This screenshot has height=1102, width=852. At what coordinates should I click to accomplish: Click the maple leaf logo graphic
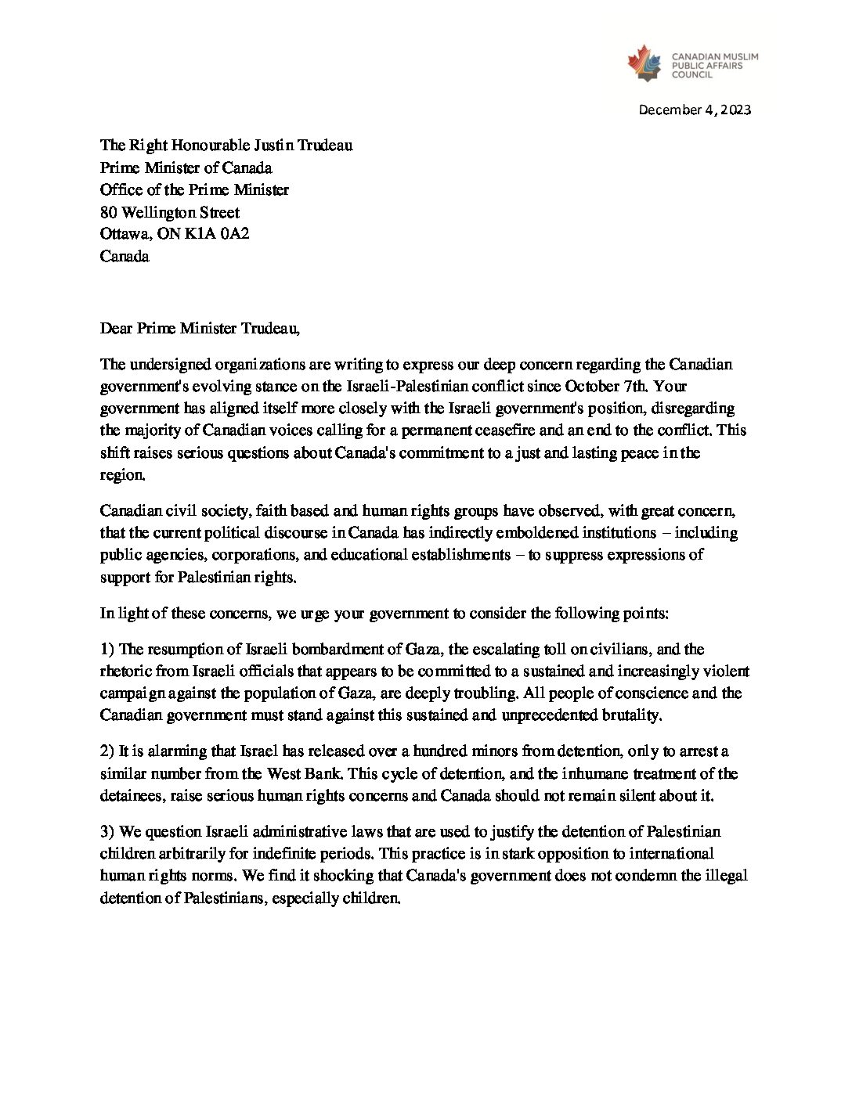(x=644, y=63)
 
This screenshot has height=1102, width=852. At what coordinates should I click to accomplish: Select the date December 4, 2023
(x=695, y=110)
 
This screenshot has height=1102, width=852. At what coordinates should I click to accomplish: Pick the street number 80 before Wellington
(x=108, y=212)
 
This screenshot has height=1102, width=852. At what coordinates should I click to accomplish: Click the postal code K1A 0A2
(x=217, y=233)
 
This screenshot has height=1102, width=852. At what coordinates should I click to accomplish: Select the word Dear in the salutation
(x=116, y=329)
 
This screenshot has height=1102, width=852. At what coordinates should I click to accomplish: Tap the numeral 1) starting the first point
(x=107, y=650)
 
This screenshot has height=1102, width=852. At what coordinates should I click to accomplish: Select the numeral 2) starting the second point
(x=107, y=751)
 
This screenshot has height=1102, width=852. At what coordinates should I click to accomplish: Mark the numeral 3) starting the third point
(x=107, y=831)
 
